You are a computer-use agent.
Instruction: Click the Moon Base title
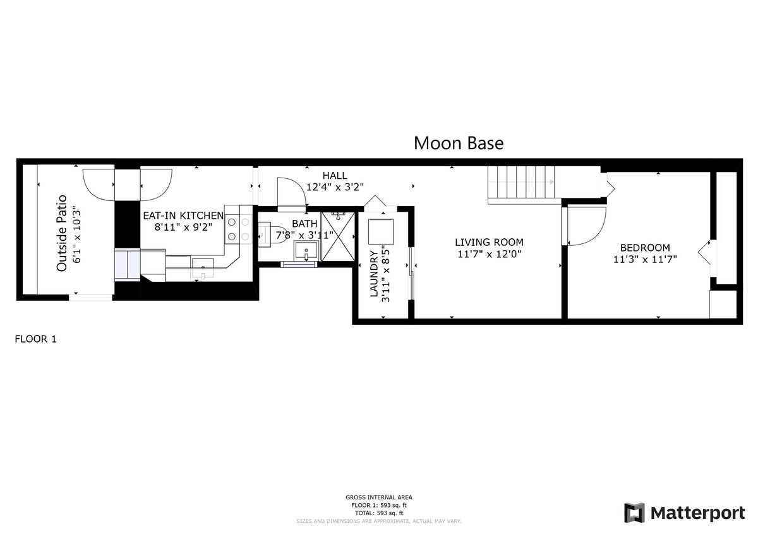pos(459,143)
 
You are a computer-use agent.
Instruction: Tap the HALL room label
pos(335,175)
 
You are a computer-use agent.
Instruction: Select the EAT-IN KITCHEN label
pos(183,216)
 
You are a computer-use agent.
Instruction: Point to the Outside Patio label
pos(62,233)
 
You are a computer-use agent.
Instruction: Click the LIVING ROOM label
pos(489,242)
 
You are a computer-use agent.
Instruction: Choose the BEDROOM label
pos(645,248)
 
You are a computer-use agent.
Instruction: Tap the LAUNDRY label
pos(374,274)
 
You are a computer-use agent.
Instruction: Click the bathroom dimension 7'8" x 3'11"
pos(304,235)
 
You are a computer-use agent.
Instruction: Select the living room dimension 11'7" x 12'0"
pos(489,254)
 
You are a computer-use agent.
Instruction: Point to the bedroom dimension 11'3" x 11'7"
pos(645,259)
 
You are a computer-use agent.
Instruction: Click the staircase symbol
pos(521,185)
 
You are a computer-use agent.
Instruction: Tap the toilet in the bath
pos(273,233)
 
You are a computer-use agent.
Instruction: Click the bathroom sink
pos(306,250)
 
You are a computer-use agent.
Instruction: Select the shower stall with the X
pos(338,236)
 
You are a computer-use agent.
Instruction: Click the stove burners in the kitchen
pos(238,229)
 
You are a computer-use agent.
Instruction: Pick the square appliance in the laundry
pos(381,231)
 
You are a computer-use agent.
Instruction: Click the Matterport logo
pos(684,513)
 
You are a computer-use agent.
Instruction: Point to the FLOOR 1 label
pos(35,339)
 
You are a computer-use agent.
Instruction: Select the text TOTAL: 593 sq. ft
pos(378,513)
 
